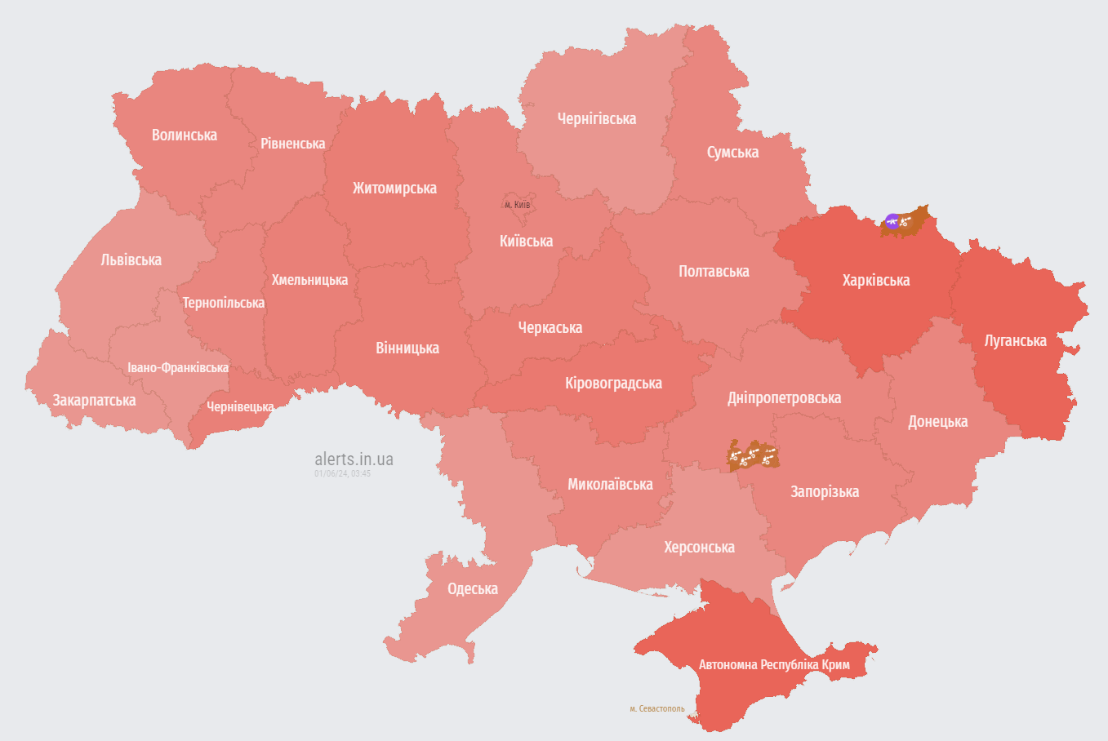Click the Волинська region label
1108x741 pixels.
pos(185,135)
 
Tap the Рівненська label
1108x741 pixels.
pos(292,144)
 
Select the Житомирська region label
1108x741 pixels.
pos(394,189)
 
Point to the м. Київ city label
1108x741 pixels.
pos(517,205)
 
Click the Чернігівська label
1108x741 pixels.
pos(596,119)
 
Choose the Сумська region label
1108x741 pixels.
pos(732,153)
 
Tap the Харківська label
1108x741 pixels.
pos(875,281)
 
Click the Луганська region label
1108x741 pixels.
pos(1015,341)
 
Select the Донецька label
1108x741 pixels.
pos(937,422)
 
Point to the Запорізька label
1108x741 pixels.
pos(825,492)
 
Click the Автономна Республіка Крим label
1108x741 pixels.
pos(774,665)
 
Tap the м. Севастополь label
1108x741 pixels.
pos(657,708)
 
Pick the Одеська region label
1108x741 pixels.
pos(472,589)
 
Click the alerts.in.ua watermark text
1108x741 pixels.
pos(354,459)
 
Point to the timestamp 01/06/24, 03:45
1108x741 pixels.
pos(342,473)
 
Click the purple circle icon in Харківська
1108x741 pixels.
pos(892,221)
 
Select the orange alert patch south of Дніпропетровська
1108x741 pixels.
pos(753,456)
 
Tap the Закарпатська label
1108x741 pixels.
pos(94,401)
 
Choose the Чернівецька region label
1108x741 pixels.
pos(240,406)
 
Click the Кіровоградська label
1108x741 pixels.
pos(613,384)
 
